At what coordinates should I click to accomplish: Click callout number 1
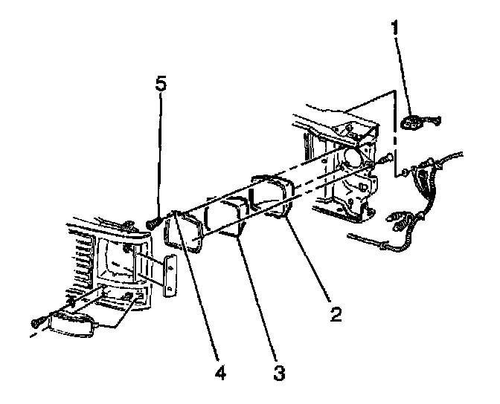click(395, 27)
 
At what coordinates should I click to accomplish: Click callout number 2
click(336, 315)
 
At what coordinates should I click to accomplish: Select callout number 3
click(279, 372)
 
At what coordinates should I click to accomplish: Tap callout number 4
click(220, 372)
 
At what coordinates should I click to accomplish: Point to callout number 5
click(161, 84)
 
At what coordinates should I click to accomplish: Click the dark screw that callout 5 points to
click(154, 222)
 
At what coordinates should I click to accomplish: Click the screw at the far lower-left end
click(36, 324)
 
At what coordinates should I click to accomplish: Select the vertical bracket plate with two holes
click(170, 276)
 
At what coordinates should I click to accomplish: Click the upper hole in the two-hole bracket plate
click(170, 268)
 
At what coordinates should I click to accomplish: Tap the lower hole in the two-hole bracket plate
click(170, 288)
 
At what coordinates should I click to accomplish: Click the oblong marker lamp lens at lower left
click(72, 325)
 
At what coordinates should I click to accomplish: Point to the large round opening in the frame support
click(353, 158)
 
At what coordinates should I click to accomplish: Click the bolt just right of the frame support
click(386, 158)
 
